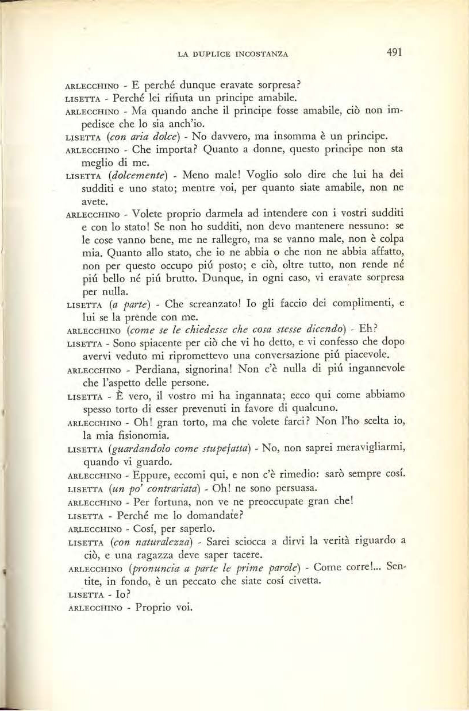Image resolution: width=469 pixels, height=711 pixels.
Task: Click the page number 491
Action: [394, 53]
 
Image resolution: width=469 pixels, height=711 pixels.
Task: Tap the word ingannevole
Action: [372, 369]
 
